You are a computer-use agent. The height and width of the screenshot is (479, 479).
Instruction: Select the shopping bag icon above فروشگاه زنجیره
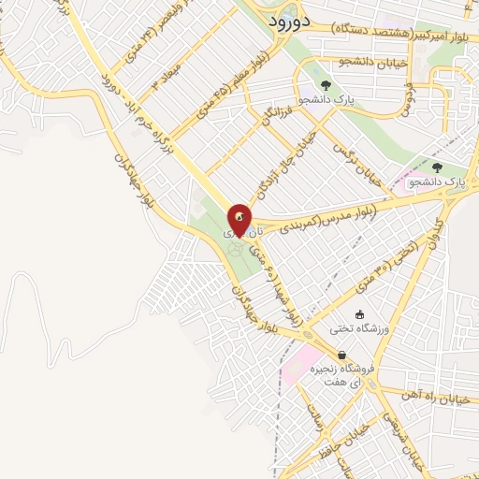click(x=342, y=355)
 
